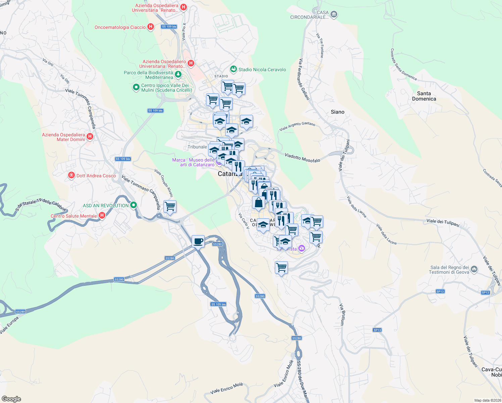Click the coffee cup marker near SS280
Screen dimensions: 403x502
(x=198, y=241)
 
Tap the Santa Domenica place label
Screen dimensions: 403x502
(x=424, y=96)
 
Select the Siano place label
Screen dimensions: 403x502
(x=337, y=112)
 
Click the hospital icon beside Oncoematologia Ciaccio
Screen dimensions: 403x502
(x=151, y=27)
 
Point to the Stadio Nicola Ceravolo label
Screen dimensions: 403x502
(x=262, y=70)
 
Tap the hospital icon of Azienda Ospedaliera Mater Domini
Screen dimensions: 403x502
(x=90, y=136)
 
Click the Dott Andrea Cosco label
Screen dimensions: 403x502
(x=96, y=176)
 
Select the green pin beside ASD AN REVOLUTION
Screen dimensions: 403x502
(x=134, y=205)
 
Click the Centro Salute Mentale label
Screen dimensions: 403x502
(x=74, y=216)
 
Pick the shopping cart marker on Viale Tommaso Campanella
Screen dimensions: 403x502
(x=170, y=206)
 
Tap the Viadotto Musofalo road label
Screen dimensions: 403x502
(x=302, y=158)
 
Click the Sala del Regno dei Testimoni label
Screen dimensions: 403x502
(x=450, y=270)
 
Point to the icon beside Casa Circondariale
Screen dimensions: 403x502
(x=334, y=14)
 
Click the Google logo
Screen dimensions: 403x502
(x=11, y=399)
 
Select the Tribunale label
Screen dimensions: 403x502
(x=197, y=147)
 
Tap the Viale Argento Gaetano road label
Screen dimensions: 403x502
(x=297, y=126)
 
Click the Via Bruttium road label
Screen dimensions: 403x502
(x=342, y=314)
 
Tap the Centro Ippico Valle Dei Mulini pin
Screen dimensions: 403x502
(x=136, y=87)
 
